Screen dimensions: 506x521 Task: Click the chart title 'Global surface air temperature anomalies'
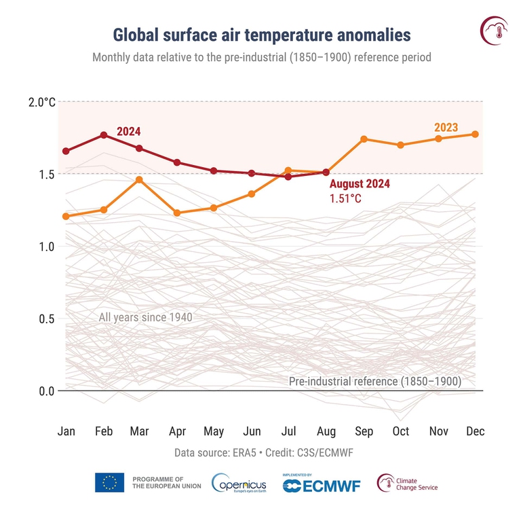pos(261,35)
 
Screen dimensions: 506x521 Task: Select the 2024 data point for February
pos(104,135)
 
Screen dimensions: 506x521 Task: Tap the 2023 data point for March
pos(139,179)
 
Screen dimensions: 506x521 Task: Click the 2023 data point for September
pos(364,139)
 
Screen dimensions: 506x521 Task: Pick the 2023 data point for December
pos(475,134)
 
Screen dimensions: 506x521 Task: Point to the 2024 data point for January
pos(66,151)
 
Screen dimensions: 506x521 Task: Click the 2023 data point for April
pos(177,213)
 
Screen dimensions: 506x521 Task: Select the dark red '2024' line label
pos(128,131)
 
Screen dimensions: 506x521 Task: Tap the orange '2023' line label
pos(446,127)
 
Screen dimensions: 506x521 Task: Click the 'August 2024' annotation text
pos(360,184)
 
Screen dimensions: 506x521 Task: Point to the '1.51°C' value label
pos(347,199)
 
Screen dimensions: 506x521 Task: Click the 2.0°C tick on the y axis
pos(41,102)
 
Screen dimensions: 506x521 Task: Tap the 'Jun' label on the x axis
pos(251,431)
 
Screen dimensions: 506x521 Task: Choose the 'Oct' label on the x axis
pos(401,431)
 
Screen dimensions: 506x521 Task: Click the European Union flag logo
pos(109,482)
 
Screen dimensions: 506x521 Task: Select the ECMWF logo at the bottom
pos(321,483)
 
